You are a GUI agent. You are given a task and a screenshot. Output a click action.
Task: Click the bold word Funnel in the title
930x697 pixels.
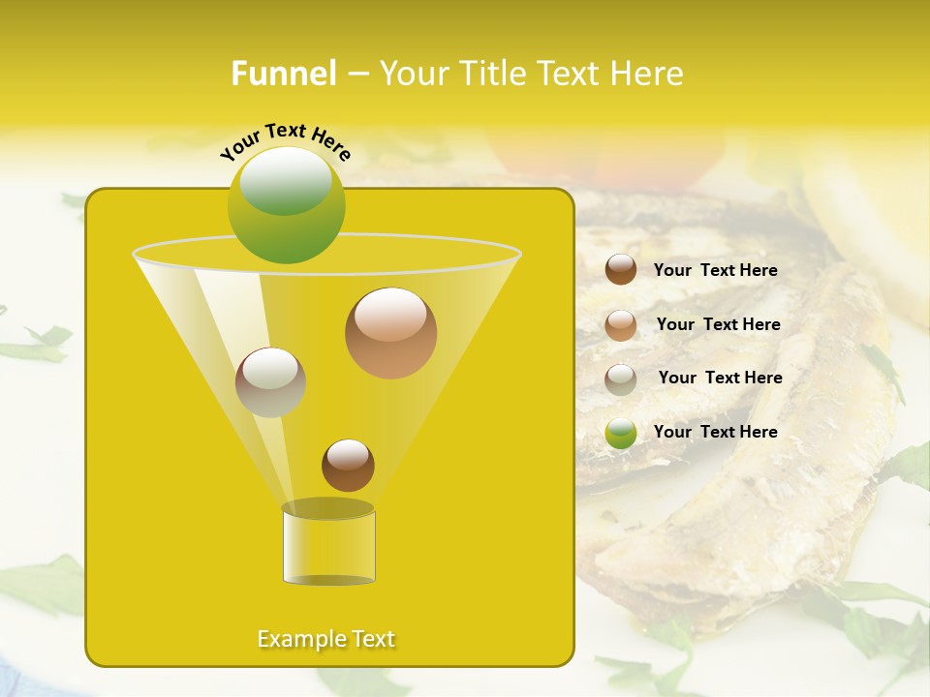pos(284,74)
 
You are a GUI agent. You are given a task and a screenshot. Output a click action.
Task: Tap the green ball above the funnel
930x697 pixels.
pos(287,205)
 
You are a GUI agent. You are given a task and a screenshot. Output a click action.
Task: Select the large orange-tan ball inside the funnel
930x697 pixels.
pos(390,333)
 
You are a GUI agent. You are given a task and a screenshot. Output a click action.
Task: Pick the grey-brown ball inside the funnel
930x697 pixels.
pos(270,382)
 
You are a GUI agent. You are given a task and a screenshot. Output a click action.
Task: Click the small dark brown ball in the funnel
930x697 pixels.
pos(348,466)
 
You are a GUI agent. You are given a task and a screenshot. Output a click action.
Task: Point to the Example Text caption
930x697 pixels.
pos(326,639)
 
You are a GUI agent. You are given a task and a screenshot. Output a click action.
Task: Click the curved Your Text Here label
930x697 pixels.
pos(286,141)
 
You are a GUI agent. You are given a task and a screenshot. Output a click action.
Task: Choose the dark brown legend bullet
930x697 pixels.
pos(621,269)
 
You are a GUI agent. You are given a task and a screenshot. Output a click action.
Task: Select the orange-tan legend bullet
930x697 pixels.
pos(621,325)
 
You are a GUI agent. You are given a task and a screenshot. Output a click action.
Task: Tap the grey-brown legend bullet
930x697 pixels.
pos(621,379)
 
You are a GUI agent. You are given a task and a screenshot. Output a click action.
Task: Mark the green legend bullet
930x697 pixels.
pos(621,433)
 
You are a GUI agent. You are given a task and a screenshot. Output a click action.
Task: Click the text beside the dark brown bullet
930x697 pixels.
pos(715,271)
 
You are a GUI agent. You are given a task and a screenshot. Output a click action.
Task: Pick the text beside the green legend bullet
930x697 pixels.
pos(715,432)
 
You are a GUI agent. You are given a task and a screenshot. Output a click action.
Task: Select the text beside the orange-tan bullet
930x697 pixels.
pos(718,325)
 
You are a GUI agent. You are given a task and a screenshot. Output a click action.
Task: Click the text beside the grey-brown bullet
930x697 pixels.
pos(720,378)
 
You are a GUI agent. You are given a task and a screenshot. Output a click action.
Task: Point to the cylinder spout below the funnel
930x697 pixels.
pos(328,545)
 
